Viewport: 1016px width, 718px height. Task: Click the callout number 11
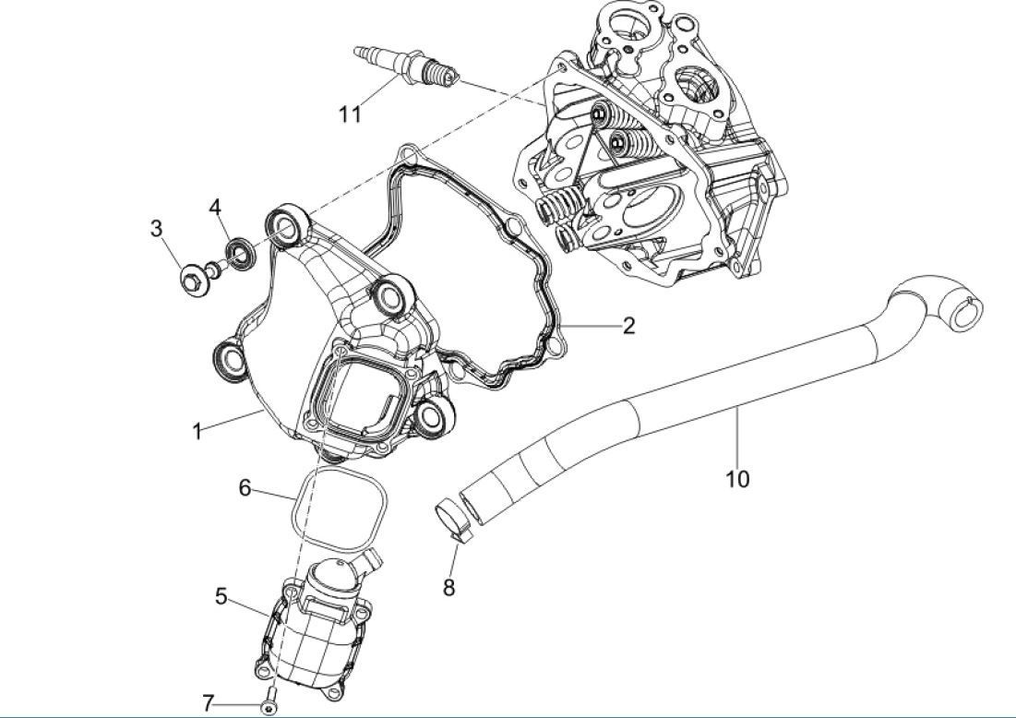coord(349,114)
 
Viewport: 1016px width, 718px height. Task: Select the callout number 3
coord(157,227)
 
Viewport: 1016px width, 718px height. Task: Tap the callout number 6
coord(245,487)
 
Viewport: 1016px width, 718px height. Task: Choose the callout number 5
coord(221,596)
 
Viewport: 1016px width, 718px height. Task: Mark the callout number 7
coord(209,704)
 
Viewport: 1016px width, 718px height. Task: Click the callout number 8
coord(448,587)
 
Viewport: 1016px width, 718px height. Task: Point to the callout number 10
coord(737,478)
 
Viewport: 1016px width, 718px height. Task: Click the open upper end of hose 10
coord(970,314)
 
